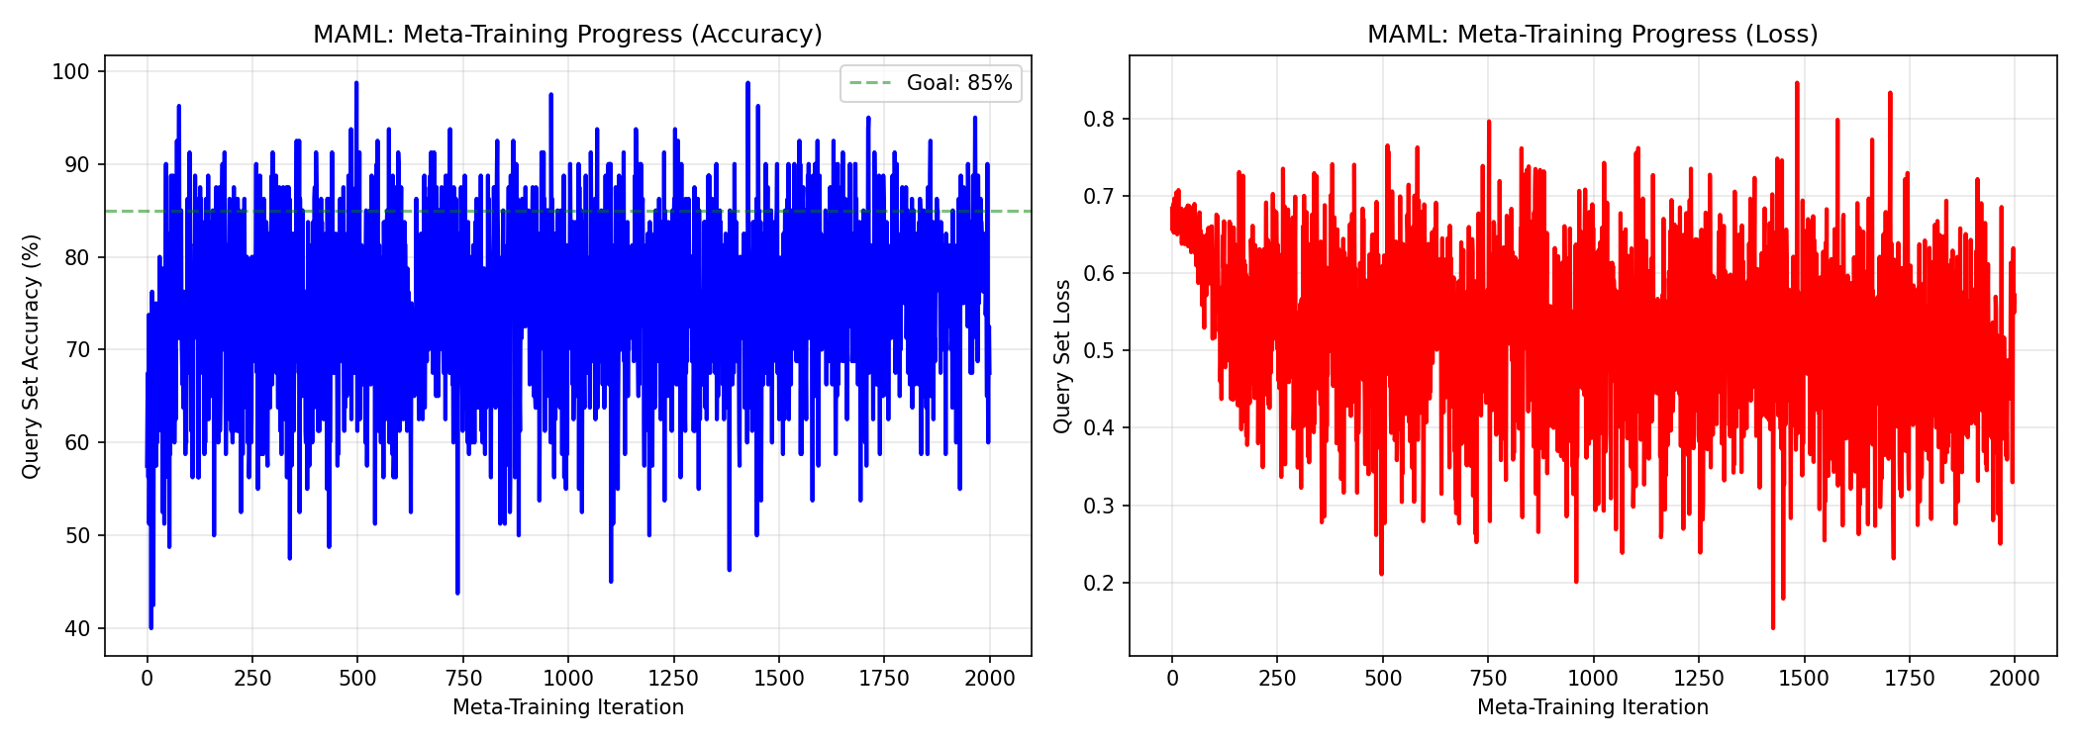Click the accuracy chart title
click(567, 35)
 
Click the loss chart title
click(1592, 35)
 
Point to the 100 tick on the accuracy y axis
click(76, 71)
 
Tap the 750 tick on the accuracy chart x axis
click(463, 679)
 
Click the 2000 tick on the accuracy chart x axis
click(990, 679)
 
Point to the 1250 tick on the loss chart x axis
click(1699, 679)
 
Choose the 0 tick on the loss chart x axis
click(1172, 679)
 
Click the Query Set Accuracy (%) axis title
click(32, 356)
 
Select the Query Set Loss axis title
click(1062, 356)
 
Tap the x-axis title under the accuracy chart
click(567, 707)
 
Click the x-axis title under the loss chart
click(1592, 707)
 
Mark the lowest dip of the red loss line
click(1773, 627)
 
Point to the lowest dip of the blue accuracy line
click(150, 627)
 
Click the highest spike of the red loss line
click(1796, 83)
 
